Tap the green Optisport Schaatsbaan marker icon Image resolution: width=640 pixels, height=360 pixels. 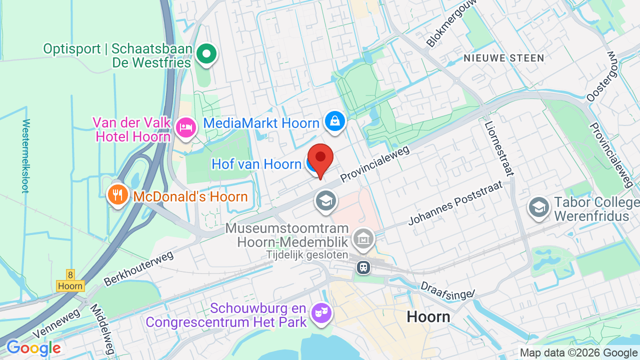point(206,53)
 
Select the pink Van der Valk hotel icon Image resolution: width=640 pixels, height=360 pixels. point(186,127)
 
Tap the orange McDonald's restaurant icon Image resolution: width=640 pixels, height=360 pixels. point(118,195)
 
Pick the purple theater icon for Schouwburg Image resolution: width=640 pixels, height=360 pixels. point(320,313)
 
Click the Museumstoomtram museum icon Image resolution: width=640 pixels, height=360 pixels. point(363,239)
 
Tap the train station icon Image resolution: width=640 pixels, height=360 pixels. point(363,267)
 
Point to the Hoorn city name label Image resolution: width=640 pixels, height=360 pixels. point(428,316)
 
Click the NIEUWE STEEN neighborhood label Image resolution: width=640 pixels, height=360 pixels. point(503,58)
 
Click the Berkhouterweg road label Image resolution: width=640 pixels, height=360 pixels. point(138,268)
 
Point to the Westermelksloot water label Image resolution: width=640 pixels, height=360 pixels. point(25,155)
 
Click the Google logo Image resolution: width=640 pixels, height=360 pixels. point(33,348)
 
